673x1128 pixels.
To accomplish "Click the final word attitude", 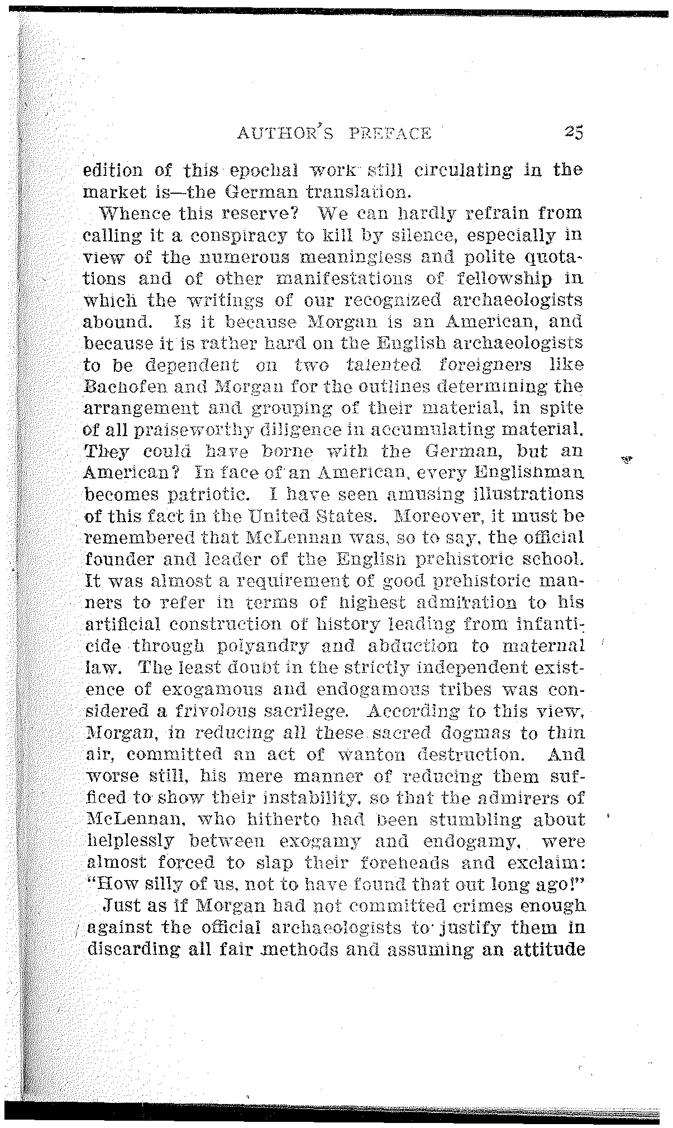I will point(541,949).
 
